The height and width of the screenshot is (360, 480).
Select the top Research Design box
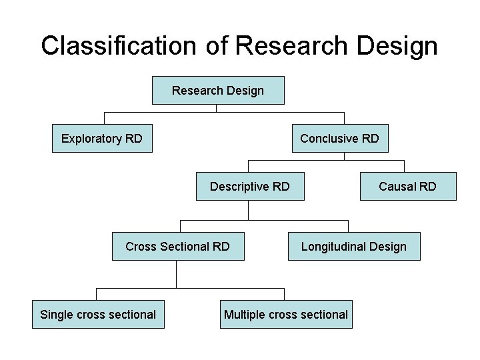tap(218, 91)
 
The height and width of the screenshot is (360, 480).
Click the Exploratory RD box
tap(102, 139)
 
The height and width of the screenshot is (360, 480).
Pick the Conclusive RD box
tap(339, 139)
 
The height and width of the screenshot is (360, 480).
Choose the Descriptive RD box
tap(250, 187)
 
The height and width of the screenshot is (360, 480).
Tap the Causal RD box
tap(408, 187)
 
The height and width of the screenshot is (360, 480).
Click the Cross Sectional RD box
tap(177, 247)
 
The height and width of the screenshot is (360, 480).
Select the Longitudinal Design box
tap(354, 247)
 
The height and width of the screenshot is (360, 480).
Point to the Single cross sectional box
tap(98, 315)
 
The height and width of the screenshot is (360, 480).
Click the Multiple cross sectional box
tap(286, 315)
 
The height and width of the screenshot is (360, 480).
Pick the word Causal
tap(397, 187)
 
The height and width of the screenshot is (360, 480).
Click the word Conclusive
tap(329, 139)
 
